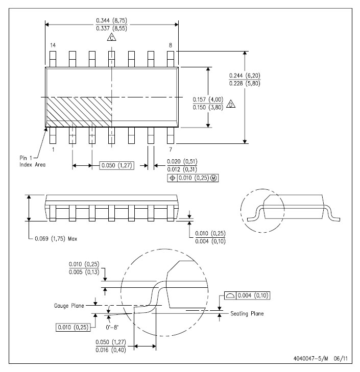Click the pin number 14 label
tap(53, 45)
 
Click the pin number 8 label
tap(170, 45)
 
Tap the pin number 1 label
tap(53, 150)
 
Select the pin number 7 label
tap(170, 150)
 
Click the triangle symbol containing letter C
tap(112, 37)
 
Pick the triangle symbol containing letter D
tap(231, 104)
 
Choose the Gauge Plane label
tap(69, 306)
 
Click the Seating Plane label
tap(247, 313)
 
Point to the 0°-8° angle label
tap(112, 328)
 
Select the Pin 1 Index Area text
tap(32, 161)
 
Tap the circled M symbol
tap(214, 178)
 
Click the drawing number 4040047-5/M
tap(310, 358)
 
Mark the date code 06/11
tap(341, 358)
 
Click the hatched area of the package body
tap(79, 112)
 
